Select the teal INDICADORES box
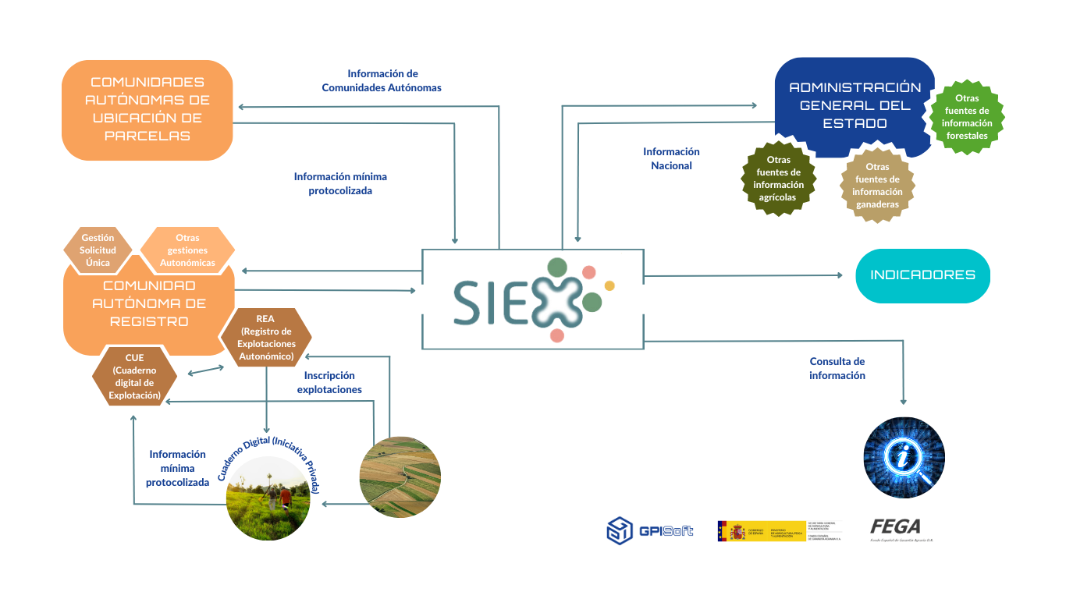922,275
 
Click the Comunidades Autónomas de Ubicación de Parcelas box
147,109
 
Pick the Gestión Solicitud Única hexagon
98,250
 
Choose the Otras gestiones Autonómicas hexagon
187,250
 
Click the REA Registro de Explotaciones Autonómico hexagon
265,337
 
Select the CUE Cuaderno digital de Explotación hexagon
135,377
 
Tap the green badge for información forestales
967,117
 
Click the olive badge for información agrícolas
778,179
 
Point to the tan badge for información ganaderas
877,186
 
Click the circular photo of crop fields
400,477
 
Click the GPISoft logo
649,531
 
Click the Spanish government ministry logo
780,531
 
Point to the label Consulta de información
837,368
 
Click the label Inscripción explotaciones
329,382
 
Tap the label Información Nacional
671,158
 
